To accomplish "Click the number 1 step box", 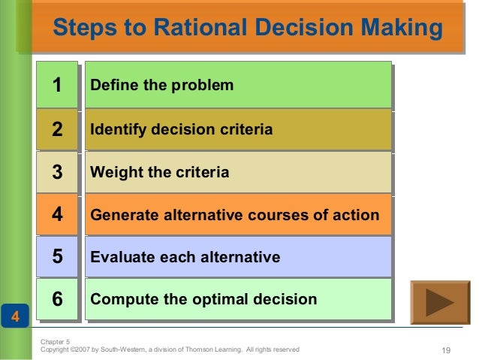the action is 57,85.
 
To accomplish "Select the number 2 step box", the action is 57,129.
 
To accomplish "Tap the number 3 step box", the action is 57,172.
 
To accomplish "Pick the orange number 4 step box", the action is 57,215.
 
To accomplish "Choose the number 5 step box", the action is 57,257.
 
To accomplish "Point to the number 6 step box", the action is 57,299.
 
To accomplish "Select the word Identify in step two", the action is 118,129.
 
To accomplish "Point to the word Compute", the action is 119,299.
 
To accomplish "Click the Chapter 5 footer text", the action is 55,341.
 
